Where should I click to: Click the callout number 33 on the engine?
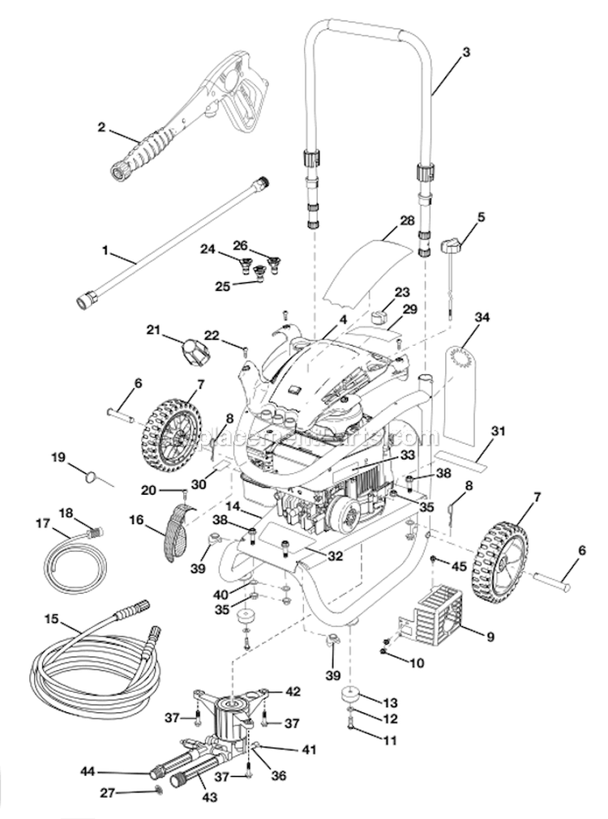click(407, 457)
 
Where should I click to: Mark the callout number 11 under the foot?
click(390, 740)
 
